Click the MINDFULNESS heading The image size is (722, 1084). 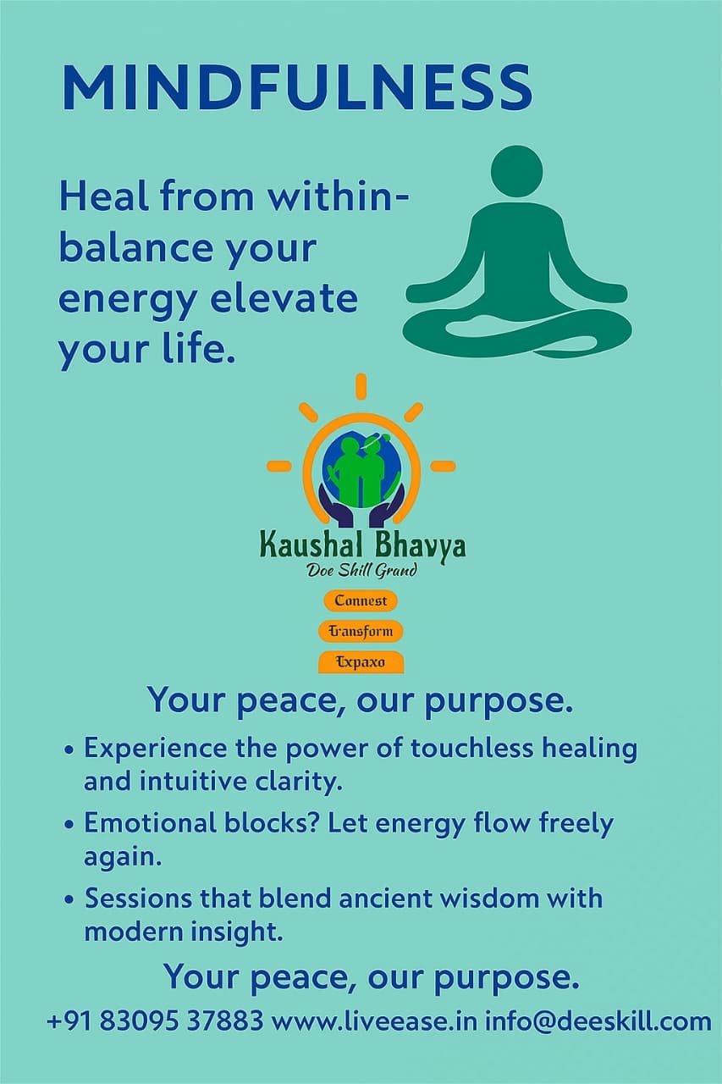(x=297, y=88)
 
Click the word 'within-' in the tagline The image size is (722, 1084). (x=339, y=196)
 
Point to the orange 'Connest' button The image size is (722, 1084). (x=361, y=600)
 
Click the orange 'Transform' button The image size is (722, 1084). (x=361, y=631)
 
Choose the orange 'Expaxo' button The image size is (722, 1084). (x=361, y=662)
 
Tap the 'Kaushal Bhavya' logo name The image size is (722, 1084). (x=362, y=546)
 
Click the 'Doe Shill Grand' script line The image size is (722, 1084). (x=361, y=571)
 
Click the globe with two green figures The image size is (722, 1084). (x=361, y=469)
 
